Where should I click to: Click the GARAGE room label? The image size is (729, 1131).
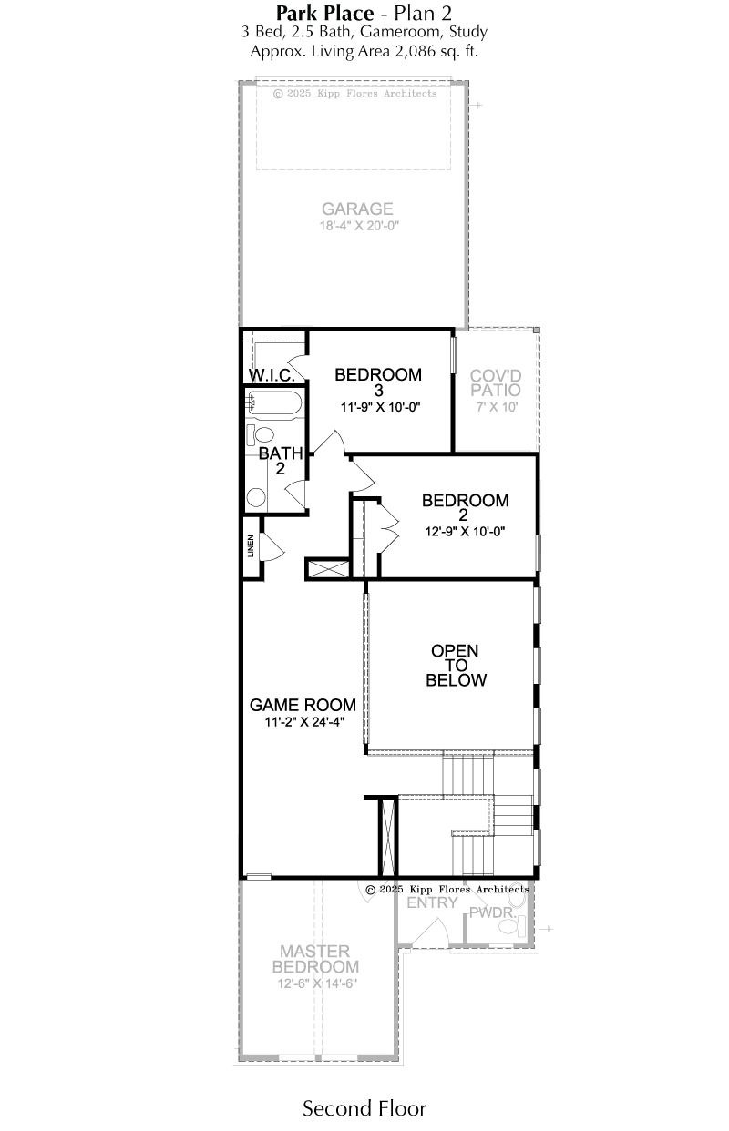[x=357, y=209]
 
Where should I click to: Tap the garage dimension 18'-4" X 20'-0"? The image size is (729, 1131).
[x=359, y=226]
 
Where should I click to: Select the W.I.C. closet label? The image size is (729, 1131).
[x=272, y=375]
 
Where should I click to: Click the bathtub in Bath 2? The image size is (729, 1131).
[x=273, y=402]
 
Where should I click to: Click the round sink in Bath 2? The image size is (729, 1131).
[x=256, y=497]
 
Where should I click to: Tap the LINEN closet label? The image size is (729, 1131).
[x=251, y=545]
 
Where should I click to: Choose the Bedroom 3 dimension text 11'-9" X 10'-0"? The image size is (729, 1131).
[x=380, y=407]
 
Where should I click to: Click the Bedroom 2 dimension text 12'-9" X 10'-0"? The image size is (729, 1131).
[x=466, y=531]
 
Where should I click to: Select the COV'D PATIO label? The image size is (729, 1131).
[x=496, y=382]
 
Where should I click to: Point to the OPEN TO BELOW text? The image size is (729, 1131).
[x=456, y=665]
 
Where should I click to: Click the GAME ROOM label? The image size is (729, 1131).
[x=303, y=704]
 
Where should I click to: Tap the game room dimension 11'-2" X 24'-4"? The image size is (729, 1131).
[x=304, y=721]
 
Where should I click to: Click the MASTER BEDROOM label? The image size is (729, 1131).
[x=316, y=959]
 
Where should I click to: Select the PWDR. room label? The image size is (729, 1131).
[x=493, y=912]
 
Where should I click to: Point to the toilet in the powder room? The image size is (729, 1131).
[x=513, y=926]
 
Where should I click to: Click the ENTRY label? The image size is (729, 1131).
[x=433, y=902]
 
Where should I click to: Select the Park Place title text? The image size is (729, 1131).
[x=324, y=13]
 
